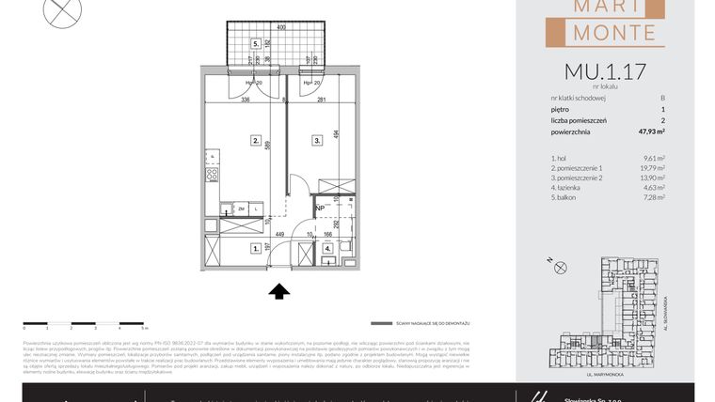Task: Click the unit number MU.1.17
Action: pyautogui.click(x=604, y=70)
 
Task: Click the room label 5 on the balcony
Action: pyautogui.click(x=254, y=43)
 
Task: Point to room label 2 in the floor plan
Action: pyautogui.click(x=255, y=140)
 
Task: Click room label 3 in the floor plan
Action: pyautogui.click(x=318, y=140)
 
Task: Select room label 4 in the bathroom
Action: pyautogui.click(x=328, y=249)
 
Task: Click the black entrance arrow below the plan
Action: pyautogui.click(x=279, y=291)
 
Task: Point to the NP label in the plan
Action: pyautogui.click(x=320, y=209)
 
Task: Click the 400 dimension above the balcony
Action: pyautogui.click(x=280, y=28)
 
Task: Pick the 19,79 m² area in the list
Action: pyautogui.click(x=652, y=168)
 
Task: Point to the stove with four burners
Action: pyautogui.click(x=213, y=173)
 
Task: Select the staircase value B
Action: pyautogui.click(x=662, y=98)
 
